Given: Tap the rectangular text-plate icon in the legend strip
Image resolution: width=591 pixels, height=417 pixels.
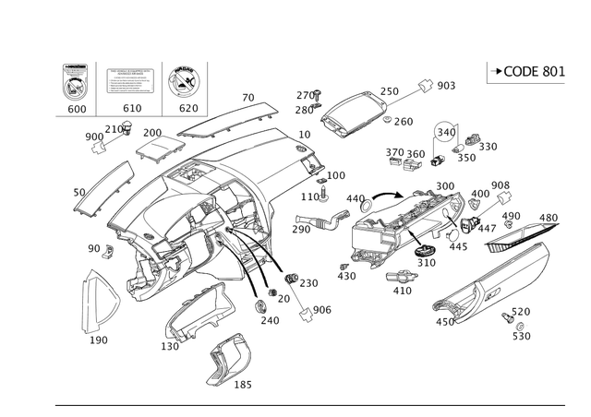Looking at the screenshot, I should [131, 80].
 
